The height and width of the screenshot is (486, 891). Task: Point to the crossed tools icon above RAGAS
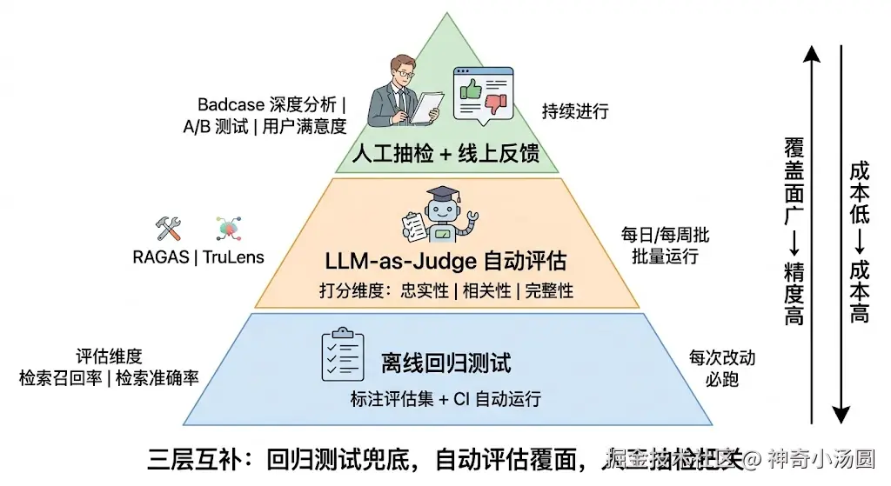(x=167, y=229)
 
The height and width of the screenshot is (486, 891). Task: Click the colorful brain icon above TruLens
(x=228, y=229)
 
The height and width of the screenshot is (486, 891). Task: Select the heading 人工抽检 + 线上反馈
(x=445, y=154)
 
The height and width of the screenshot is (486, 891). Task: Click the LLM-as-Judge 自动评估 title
(x=445, y=261)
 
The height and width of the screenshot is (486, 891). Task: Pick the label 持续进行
(x=575, y=111)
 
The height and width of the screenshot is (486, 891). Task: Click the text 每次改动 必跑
(x=722, y=369)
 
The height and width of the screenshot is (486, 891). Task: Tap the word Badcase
(x=231, y=104)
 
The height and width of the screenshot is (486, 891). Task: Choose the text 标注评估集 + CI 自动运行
(x=445, y=399)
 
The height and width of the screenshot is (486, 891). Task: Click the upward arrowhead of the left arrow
(x=811, y=55)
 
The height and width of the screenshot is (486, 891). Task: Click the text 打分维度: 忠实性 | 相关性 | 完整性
(x=445, y=290)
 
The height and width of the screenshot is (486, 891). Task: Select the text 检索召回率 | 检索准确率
(x=110, y=378)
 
